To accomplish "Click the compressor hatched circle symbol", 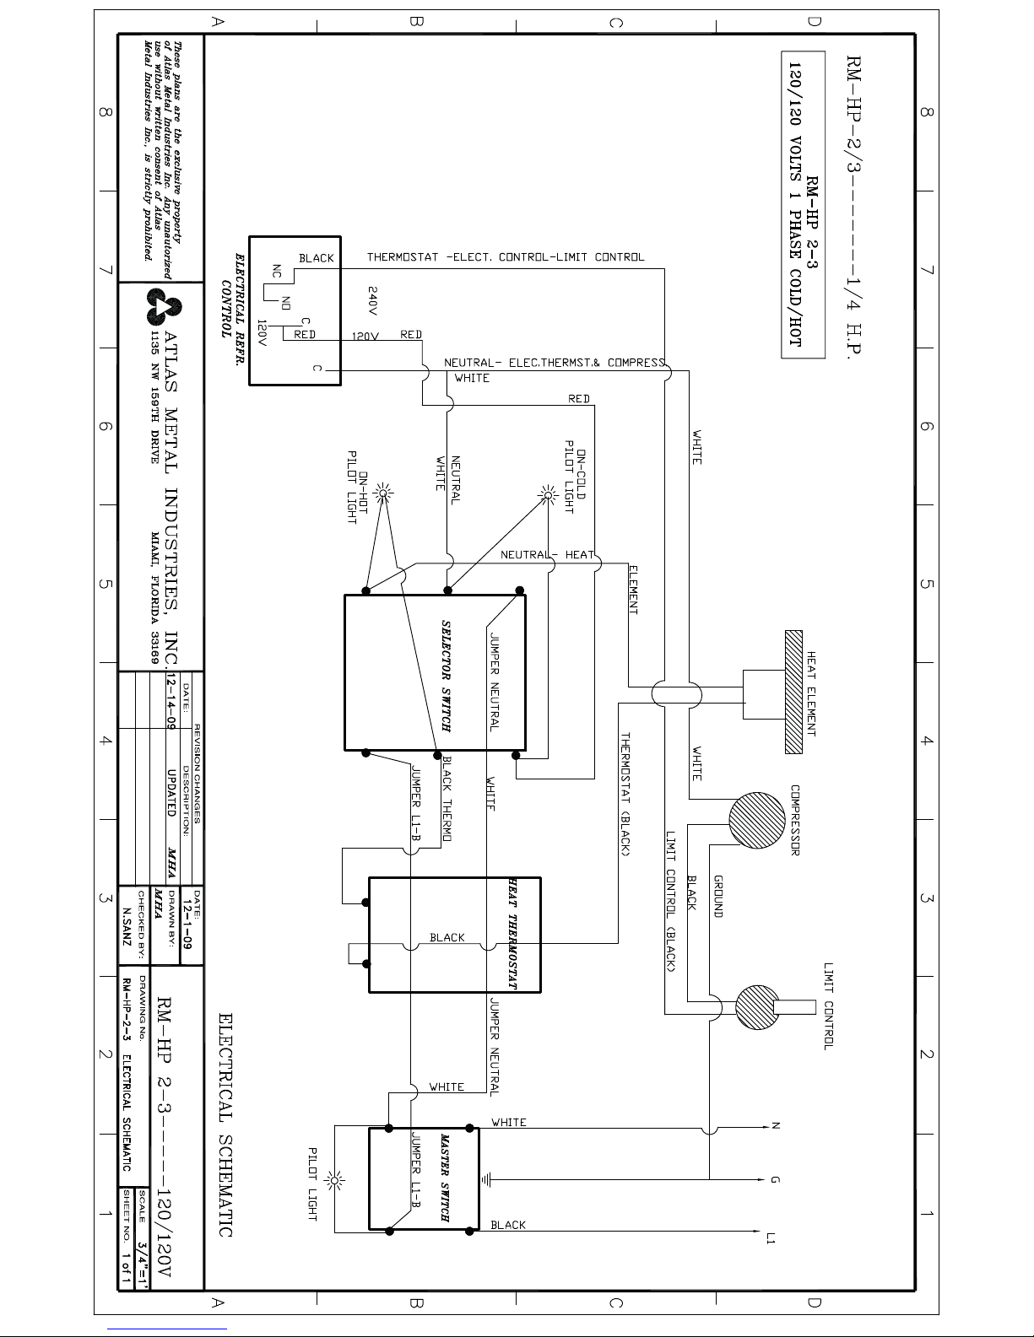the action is click(x=756, y=820).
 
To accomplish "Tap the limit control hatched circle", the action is click(x=757, y=1007).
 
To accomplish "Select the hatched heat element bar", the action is click(x=794, y=692).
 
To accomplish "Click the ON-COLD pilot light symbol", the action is click(x=547, y=494).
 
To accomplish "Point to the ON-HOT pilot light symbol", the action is click(x=383, y=493).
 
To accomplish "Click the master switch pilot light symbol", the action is click(x=335, y=1180).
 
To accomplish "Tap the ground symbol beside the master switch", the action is click(x=486, y=1179).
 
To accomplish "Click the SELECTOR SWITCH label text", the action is click(x=446, y=676).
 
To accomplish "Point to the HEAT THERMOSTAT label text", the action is click(x=512, y=934).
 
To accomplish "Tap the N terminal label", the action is click(x=776, y=1126).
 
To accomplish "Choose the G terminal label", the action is click(x=776, y=1179).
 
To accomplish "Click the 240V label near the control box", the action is click(x=372, y=301).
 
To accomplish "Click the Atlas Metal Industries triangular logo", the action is click(x=165, y=306).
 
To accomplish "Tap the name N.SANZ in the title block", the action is click(x=127, y=926).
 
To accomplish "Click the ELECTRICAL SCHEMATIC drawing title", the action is click(x=225, y=1124).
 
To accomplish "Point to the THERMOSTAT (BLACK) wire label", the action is click(x=625, y=794).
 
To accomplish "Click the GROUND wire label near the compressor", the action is click(x=717, y=896).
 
